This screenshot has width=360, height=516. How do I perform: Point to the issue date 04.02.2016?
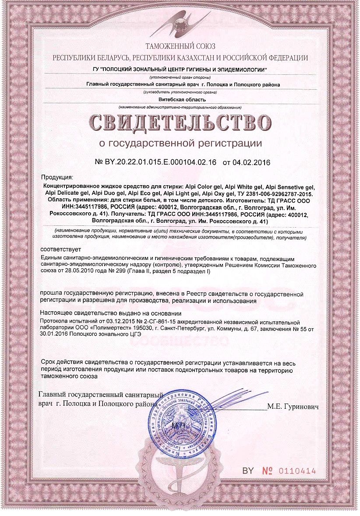click(252, 162)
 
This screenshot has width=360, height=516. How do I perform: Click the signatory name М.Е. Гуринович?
click(294, 406)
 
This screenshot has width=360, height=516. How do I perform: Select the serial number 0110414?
click(297, 471)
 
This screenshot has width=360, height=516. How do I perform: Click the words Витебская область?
click(180, 99)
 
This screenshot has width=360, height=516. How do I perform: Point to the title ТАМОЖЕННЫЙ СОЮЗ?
click(180, 46)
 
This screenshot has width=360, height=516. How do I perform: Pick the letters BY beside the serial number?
click(248, 471)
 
